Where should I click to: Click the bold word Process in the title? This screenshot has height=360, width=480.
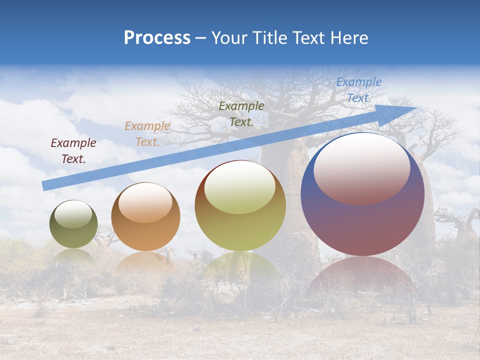pos(157,38)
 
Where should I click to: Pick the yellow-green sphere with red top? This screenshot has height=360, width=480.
pos(240,206)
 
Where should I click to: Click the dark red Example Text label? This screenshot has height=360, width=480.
pos(73,151)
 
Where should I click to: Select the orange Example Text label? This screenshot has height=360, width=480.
pos(147,134)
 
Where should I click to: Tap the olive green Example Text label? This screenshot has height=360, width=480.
pos(241,113)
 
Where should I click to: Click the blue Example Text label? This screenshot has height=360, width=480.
pos(358,90)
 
